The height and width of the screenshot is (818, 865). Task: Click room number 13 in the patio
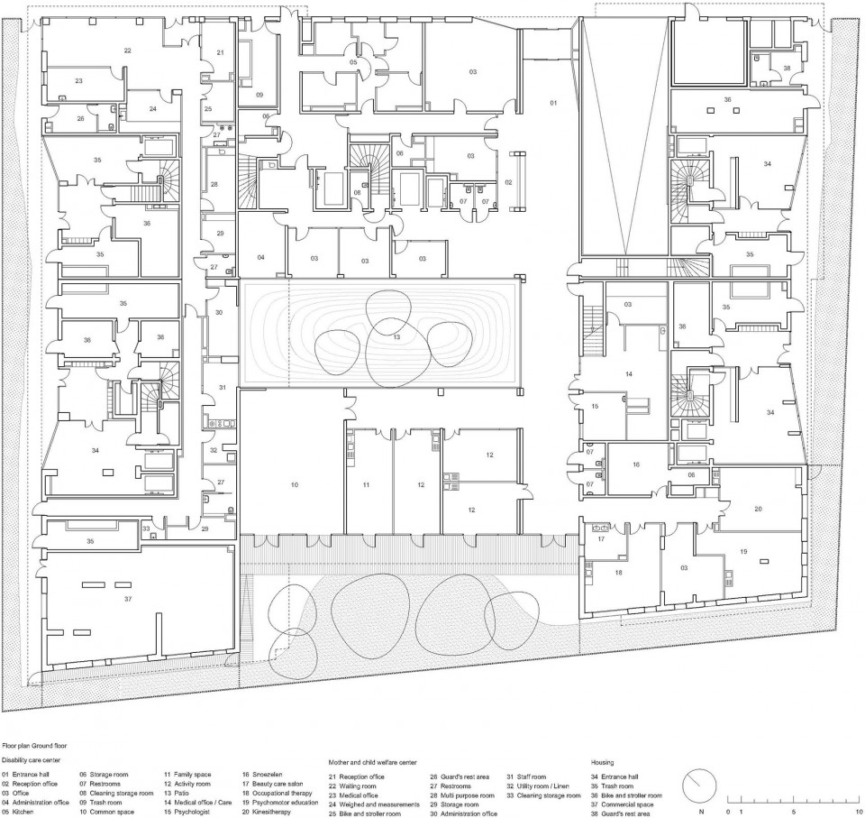(396, 335)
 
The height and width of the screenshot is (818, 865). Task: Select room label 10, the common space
(294, 485)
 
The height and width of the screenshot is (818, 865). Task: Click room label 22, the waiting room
(128, 51)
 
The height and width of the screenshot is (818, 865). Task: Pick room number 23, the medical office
(78, 81)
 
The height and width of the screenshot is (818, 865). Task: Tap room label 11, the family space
(367, 485)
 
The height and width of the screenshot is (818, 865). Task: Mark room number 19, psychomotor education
(743, 550)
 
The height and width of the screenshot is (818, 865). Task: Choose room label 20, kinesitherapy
(758, 510)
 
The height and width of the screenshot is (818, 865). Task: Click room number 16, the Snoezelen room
(635, 464)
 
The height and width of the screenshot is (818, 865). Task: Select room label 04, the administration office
(261, 258)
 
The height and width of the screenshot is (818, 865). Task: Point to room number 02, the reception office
(508, 183)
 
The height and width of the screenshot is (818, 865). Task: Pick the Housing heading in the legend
(602, 761)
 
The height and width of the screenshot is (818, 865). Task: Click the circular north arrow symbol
(697, 786)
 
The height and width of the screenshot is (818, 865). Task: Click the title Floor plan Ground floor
(40, 747)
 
